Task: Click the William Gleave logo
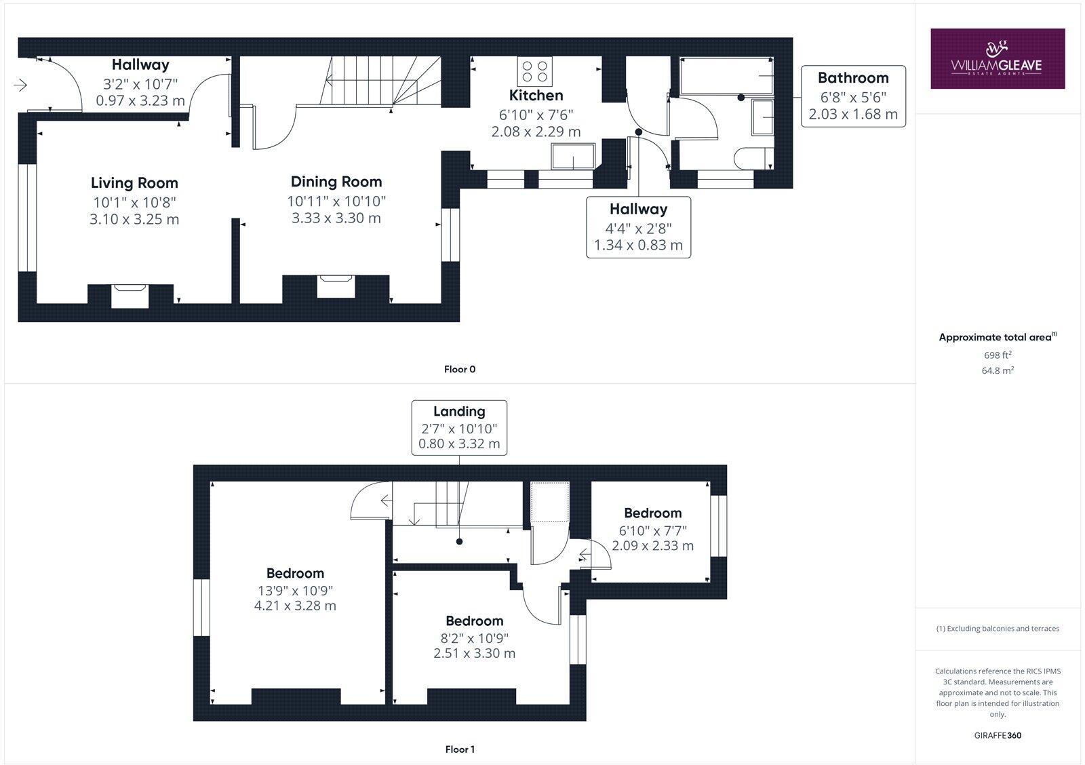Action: [x=997, y=58]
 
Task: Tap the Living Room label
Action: [x=134, y=182]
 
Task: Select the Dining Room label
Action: [x=336, y=182]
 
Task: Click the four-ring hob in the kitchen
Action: [x=535, y=71]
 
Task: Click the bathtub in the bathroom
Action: [x=726, y=75]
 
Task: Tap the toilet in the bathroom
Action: [x=752, y=157]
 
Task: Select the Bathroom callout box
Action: [x=853, y=96]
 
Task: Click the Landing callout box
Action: [x=459, y=427]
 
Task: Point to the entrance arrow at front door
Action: [x=20, y=85]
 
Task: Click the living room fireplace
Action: [x=130, y=296]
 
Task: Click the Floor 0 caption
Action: [x=460, y=370]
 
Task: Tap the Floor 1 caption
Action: [x=460, y=749]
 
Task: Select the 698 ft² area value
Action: [x=998, y=355]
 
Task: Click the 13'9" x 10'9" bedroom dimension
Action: [x=295, y=590]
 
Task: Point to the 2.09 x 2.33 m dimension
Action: [x=652, y=545]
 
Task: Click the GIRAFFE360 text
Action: [x=998, y=735]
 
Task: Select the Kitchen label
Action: [x=536, y=95]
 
